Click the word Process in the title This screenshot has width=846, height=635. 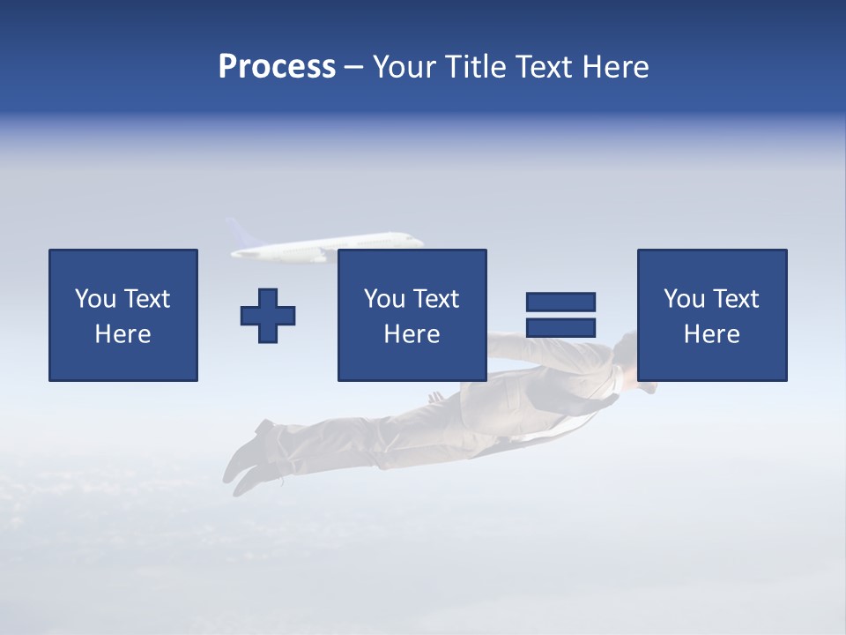pyautogui.click(x=277, y=67)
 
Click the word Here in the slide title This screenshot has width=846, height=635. pyautogui.click(x=618, y=67)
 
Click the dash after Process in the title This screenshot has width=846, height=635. pyautogui.click(x=354, y=69)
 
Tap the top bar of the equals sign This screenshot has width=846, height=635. pyautogui.click(x=560, y=302)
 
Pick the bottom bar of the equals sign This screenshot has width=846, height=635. pyautogui.click(x=560, y=328)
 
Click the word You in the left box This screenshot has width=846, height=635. pyautogui.click(x=93, y=299)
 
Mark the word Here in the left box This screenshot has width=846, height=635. pyautogui.click(x=122, y=334)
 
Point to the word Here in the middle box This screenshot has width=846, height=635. pyautogui.click(x=412, y=334)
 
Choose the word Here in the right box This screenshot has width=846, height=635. pyautogui.click(x=711, y=334)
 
